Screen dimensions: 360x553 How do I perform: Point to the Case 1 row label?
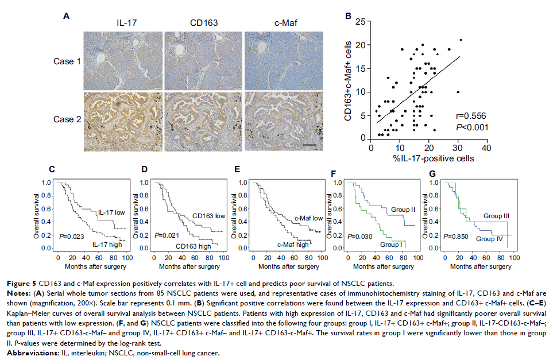tap(68, 60)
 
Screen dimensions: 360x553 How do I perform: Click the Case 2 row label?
tap(68, 122)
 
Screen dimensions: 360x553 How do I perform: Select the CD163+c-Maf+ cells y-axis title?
tap(347, 80)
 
